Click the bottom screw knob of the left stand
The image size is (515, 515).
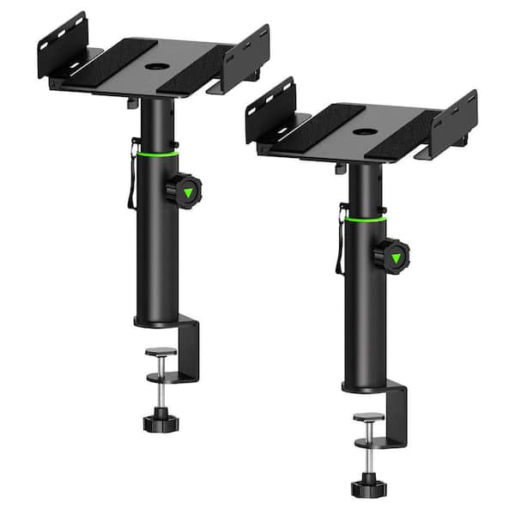pos(159,421)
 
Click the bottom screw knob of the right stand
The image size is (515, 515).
pos(367,488)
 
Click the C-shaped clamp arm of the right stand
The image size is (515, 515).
pos(399,412)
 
